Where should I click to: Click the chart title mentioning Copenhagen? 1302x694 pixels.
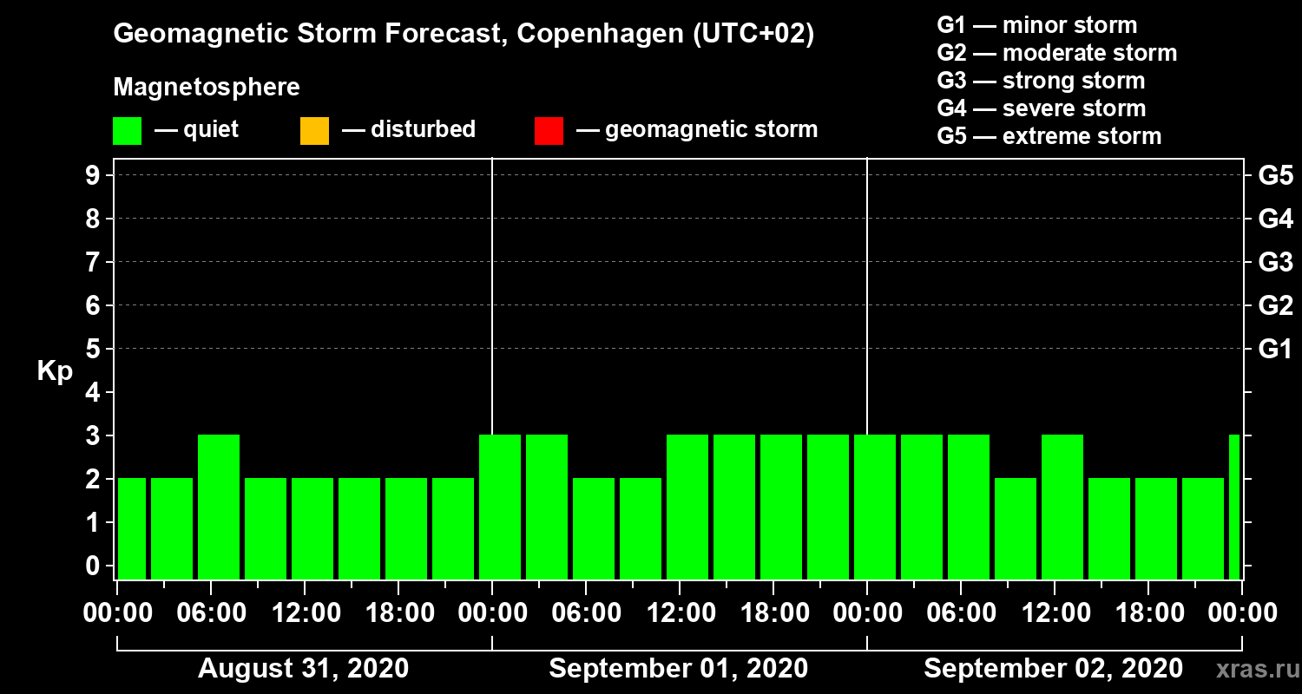pyautogui.click(x=464, y=35)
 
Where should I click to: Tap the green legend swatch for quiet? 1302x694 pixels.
pyautogui.click(x=127, y=131)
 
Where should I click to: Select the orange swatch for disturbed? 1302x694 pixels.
pyautogui.click(x=314, y=131)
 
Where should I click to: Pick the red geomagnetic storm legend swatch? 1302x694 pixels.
pyautogui.click(x=549, y=131)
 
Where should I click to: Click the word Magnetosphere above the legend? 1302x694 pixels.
pyautogui.click(x=207, y=88)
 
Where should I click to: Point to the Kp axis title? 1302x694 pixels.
pyautogui.click(x=55, y=371)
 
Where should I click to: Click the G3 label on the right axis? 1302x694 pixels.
pyautogui.click(x=1275, y=262)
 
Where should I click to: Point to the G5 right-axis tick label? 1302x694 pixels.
pyautogui.click(x=1275, y=175)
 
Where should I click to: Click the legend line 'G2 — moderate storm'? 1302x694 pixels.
pyautogui.click(x=1056, y=53)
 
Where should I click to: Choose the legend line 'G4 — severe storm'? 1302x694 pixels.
pyautogui.click(x=1041, y=108)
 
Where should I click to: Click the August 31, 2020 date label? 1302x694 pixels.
pyautogui.click(x=303, y=669)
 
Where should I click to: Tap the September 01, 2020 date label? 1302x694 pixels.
pyautogui.click(x=678, y=669)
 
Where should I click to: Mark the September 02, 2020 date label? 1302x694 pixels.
pyautogui.click(x=1053, y=669)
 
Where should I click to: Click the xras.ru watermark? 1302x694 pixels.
pyautogui.click(x=1253, y=669)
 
